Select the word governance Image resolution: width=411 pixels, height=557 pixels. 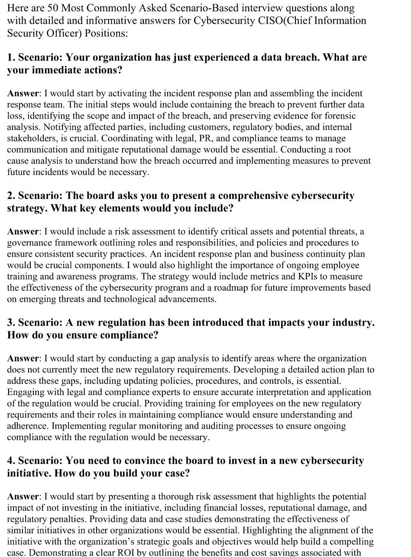click(x=28, y=243)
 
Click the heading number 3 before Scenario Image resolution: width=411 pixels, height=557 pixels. click(x=10, y=323)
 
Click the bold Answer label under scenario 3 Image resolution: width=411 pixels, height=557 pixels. click(x=23, y=358)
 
